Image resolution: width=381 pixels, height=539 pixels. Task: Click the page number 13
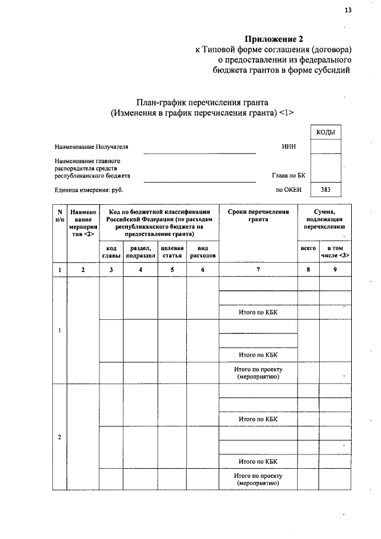[x=348, y=10]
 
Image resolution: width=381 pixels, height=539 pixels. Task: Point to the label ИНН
[x=289, y=147]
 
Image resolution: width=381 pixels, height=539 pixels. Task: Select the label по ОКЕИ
[x=290, y=190]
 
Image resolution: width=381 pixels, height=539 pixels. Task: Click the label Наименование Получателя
[x=91, y=147]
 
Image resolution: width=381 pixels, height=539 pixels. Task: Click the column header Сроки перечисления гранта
[x=258, y=215]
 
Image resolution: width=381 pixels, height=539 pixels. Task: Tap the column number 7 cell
[x=258, y=270]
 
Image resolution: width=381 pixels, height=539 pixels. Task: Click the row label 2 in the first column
[x=60, y=437]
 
